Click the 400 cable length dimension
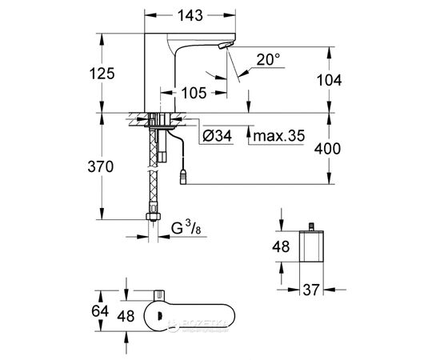point(348,149)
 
